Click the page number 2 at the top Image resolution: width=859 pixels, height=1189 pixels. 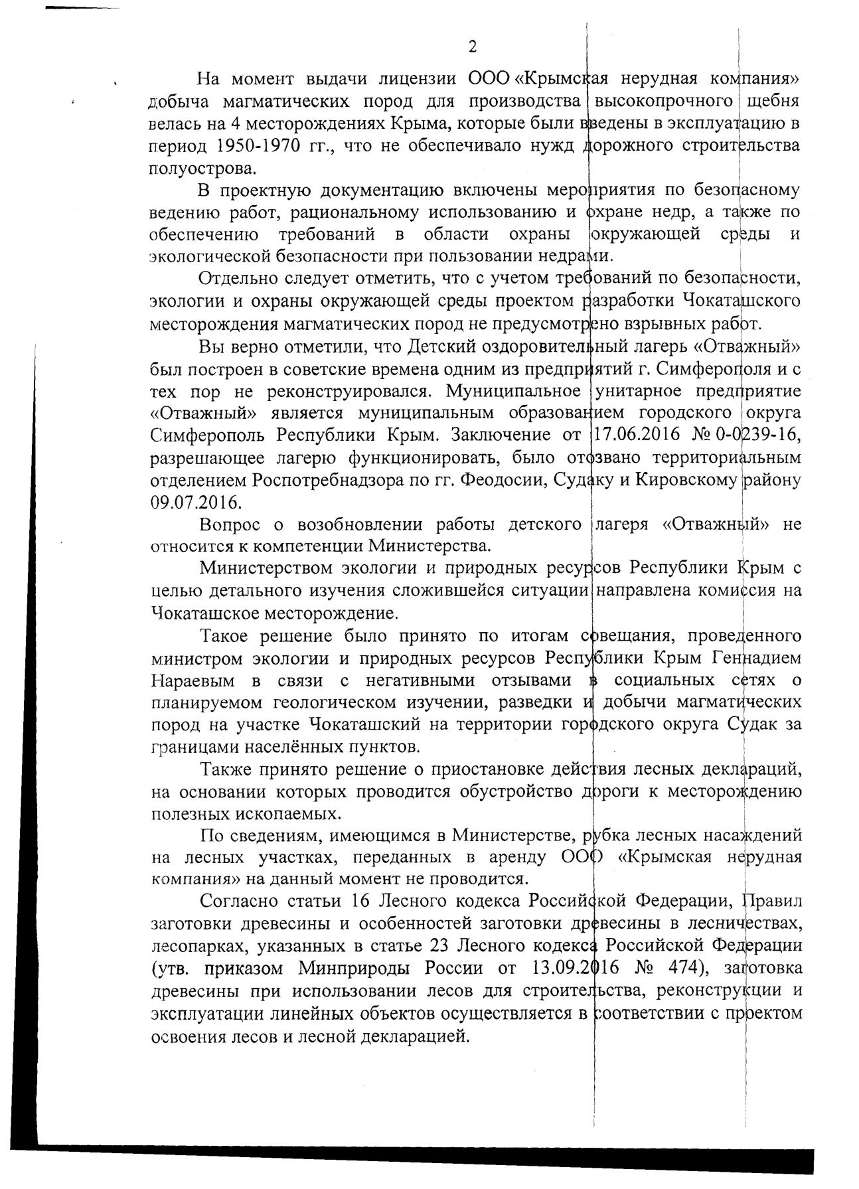473,47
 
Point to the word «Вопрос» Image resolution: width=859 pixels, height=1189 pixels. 232,524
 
